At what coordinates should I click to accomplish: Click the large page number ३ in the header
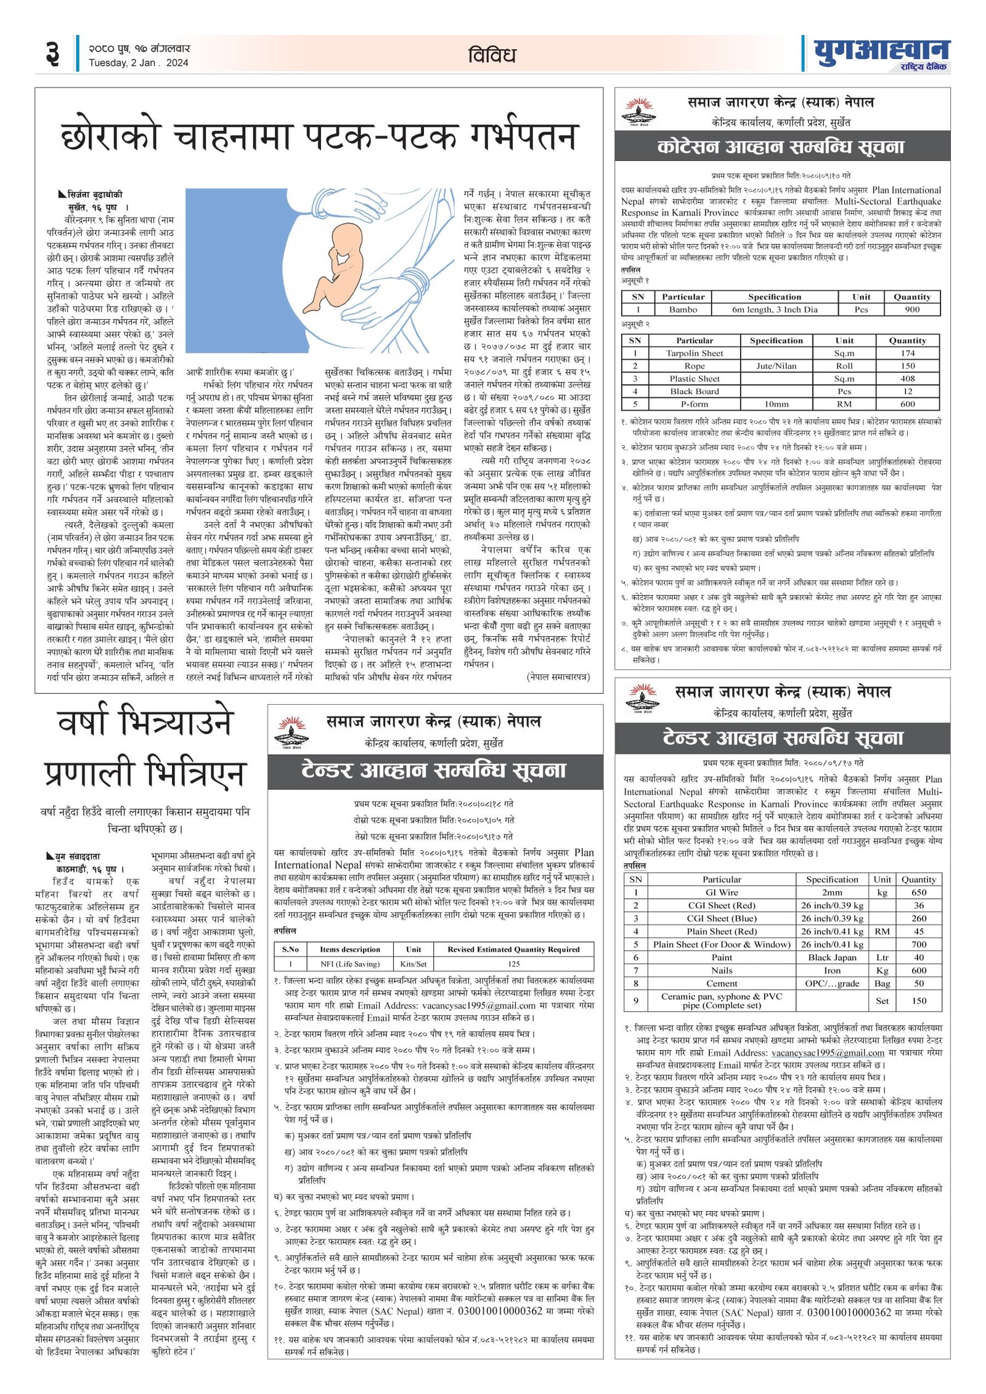[x=53, y=55]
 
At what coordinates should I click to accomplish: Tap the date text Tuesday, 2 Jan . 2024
[x=138, y=63]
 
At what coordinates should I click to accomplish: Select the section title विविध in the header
[x=491, y=55]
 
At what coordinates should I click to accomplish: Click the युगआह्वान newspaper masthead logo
[x=881, y=54]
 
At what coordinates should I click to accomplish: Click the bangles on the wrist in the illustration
[x=415, y=282]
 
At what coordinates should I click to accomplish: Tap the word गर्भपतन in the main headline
[x=523, y=137]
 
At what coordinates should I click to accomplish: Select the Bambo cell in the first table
[x=683, y=310]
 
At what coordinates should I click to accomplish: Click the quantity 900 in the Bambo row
[x=912, y=310]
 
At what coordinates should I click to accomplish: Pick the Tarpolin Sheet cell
[x=695, y=353]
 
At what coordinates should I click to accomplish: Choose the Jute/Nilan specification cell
[x=776, y=366]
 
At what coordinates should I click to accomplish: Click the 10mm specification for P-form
[x=776, y=404]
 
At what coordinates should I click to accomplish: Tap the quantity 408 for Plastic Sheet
[x=907, y=379]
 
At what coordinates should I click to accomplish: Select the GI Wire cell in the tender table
[x=722, y=893]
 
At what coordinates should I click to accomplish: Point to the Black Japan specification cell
[x=832, y=957]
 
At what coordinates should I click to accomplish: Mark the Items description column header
[x=349, y=949]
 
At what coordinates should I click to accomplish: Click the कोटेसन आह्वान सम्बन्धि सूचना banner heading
[x=781, y=147]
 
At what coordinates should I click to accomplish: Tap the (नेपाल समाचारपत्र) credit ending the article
[x=558, y=677]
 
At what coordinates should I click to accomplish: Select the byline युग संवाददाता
[x=78, y=856]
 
